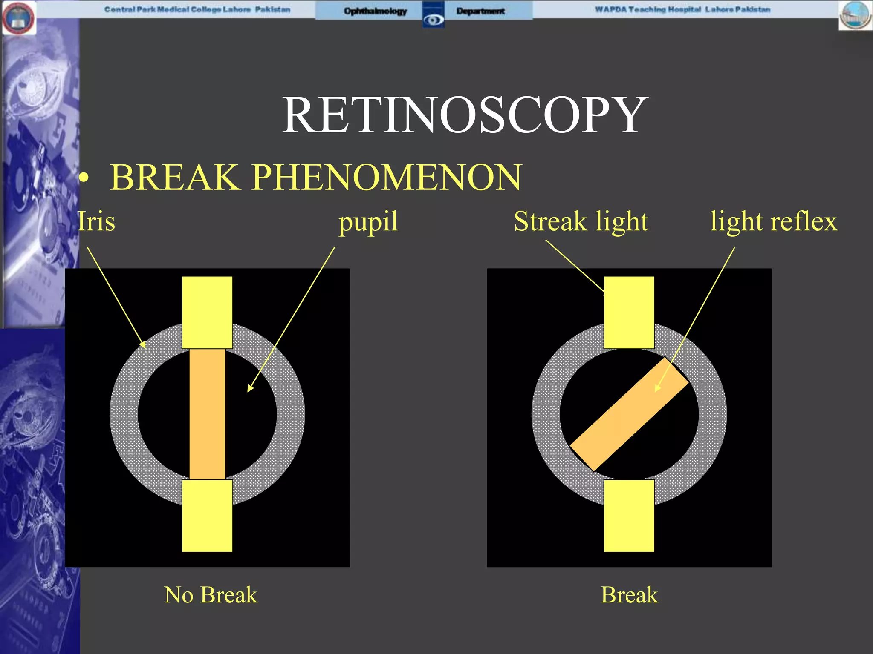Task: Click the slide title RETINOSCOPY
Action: pyautogui.click(x=465, y=115)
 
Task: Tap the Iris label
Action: pyautogui.click(x=96, y=222)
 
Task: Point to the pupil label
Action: pyautogui.click(x=368, y=222)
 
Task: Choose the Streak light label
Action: pyautogui.click(x=581, y=222)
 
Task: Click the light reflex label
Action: pyautogui.click(x=773, y=222)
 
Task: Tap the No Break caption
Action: pyautogui.click(x=211, y=595)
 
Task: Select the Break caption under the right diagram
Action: pyautogui.click(x=629, y=595)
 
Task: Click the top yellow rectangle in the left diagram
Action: pyautogui.click(x=207, y=312)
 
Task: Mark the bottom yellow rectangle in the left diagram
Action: pyautogui.click(x=207, y=516)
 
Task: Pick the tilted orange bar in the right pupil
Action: pyautogui.click(x=629, y=414)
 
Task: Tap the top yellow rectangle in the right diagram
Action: pyautogui.click(x=629, y=312)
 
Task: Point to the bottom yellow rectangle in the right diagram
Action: pyautogui.click(x=629, y=516)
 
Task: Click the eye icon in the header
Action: pyautogui.click(x=434, y=19)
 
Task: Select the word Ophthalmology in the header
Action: pyautogui.click(x=375, y=11)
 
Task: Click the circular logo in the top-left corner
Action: pyautogui.click(x=18, y=18)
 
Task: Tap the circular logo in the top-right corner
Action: pyautogui.click(x=856, y=16)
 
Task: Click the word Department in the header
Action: pyautogui.click(x=480, y=11)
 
